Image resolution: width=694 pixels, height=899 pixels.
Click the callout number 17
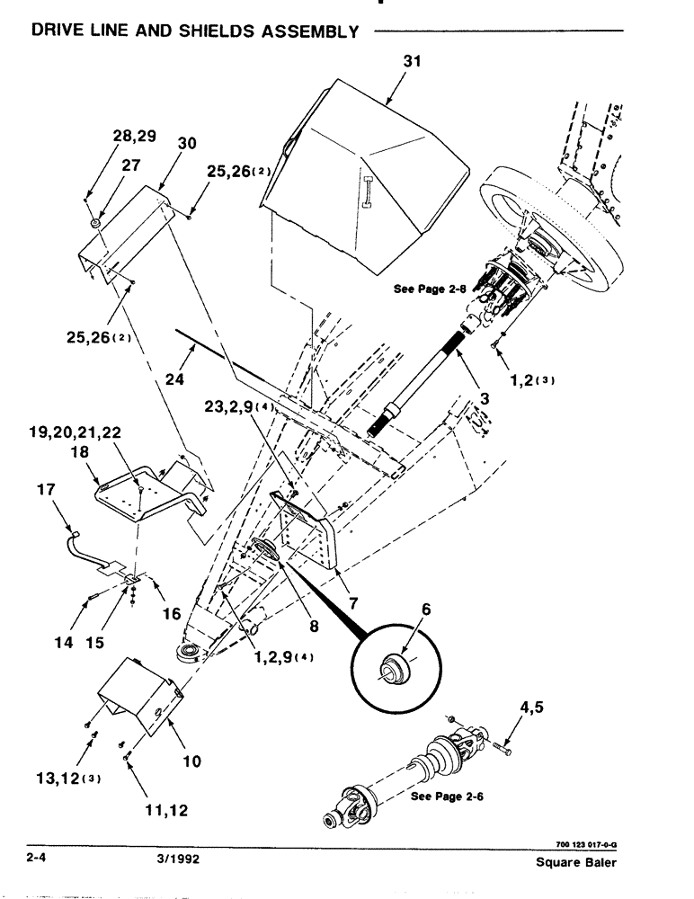(46, 490)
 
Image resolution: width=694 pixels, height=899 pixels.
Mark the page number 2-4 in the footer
(37, 859)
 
